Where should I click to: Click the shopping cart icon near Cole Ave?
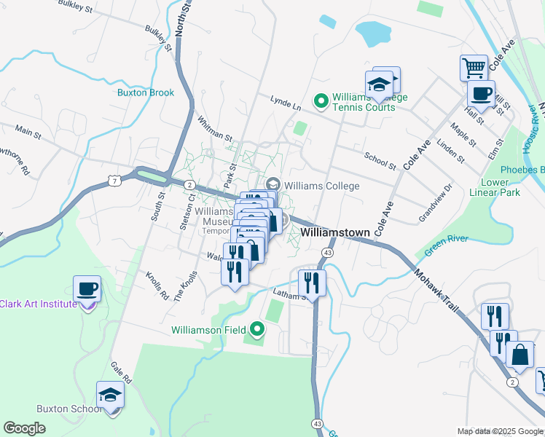click(474, 68)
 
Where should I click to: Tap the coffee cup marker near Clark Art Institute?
click(87, 289)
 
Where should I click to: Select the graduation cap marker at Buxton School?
click(111, 395)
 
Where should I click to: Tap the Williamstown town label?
click(336, 232)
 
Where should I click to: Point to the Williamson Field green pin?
click(256, 329)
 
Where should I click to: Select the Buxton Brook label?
click(146, 92)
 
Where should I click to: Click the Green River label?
click(445, 244)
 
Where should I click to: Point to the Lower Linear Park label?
click(501, 187)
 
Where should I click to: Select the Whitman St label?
click(214, 128)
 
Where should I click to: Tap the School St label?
click(380, 160)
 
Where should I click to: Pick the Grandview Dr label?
click(436, 202)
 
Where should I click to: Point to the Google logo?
click(25, 428)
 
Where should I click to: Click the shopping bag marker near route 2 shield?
click(522, 355)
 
